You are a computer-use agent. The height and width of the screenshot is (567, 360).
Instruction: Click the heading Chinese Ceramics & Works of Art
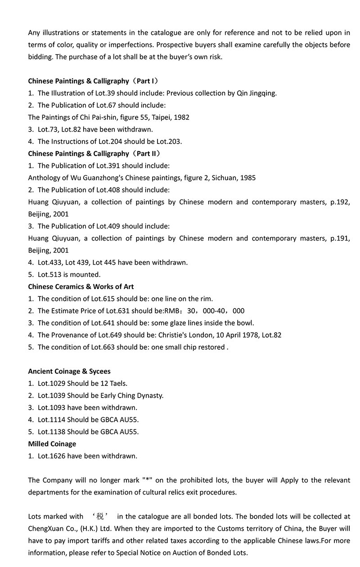pyautogui.click(x=81, y=286)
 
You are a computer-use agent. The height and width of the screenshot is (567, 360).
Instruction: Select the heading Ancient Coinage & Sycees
pyautogui.click(x=69, y=371)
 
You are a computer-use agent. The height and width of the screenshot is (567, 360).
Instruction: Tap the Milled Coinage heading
pyautogui.click(x=52, y=444)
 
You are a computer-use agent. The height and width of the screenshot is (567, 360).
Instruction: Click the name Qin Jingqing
pyautogui.click(x=256, y=93)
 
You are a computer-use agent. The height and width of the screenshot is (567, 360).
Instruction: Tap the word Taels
pyautogui.click(x=117, y=384)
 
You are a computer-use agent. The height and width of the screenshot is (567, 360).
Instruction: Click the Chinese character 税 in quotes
pyautogui.click(x=99, y=517)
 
